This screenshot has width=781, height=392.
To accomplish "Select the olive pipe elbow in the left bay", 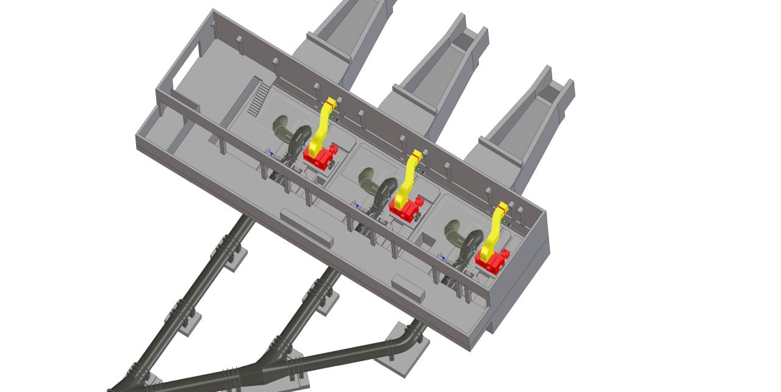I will (x=283, y=129).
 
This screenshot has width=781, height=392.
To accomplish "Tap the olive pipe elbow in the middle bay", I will (x=369, y=180).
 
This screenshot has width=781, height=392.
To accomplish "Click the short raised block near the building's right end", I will (x=408, y=288).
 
